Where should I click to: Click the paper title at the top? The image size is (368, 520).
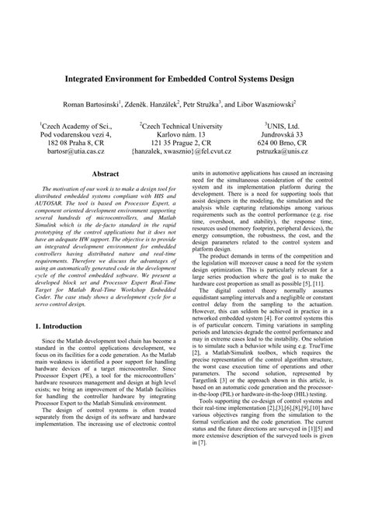click(184, 79)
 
